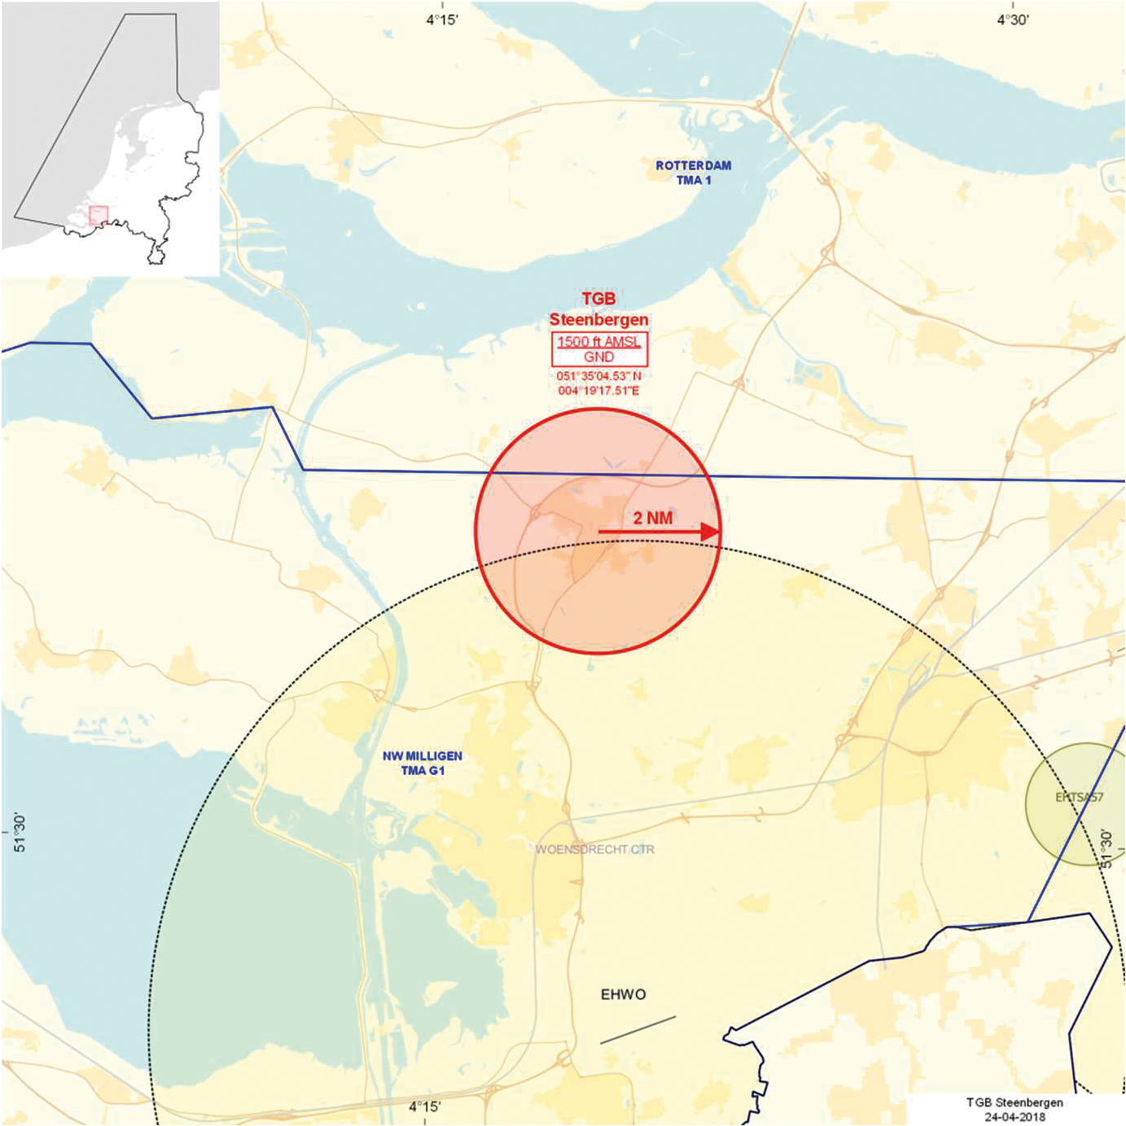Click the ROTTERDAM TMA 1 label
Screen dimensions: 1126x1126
(694, 173)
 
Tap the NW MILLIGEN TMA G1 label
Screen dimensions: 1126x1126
(423, 763)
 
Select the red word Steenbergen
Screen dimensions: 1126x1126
(598, 319)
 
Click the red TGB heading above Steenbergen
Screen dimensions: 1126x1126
(598, 299)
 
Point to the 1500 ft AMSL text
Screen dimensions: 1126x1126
(598, 342)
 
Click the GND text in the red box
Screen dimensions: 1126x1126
(598, 357)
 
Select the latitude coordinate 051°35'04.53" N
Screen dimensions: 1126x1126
(598, 376)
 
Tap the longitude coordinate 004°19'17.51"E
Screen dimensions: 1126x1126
(598, 391)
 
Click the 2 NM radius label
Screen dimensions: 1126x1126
(653, 518)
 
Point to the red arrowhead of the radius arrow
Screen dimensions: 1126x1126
(711, 532)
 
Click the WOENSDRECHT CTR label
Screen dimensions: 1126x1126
(594, 849)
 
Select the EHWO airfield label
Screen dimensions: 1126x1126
(623, 994)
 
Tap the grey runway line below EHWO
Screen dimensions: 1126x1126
(637, 1030)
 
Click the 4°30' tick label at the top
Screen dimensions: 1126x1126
(1013, 20)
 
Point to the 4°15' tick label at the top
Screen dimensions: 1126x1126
(442, 20)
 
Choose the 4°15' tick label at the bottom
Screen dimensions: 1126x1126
(425, 1106)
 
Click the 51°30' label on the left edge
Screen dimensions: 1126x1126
(20, 832)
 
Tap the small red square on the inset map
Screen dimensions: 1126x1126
(99, 216)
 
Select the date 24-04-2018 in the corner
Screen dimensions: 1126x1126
(1014, 1116)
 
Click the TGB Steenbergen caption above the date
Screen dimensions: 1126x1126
(1014, 1102)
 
